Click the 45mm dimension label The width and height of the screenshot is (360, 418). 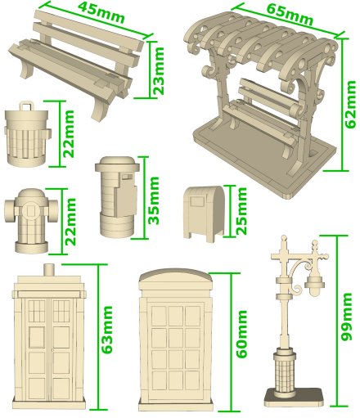(x=101, y=12)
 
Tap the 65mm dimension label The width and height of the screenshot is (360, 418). (x=289, y=15)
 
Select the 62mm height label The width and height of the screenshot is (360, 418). (x=350, y=104)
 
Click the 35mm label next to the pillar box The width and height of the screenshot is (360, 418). (x=154, y=200)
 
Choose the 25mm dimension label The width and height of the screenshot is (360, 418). (x=241, y=210)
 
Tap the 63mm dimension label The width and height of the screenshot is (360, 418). (x=106, y=330)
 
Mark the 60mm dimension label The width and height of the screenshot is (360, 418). (x=241, y=334)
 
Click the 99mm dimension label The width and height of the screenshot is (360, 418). (x=346, y=317)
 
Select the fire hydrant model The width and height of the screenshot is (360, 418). (x=31, y=221)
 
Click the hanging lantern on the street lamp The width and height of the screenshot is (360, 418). (x=314, y=285)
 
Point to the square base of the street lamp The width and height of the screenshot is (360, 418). (x=294, y=398)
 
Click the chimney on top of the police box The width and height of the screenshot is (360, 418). (x=48, y=270)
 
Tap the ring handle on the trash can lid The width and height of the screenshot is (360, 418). (x=27, y=106)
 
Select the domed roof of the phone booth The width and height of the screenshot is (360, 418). (x=175, y=278)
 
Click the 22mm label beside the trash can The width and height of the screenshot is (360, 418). (x=68, y=133)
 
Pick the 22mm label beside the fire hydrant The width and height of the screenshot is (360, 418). (x=70, y=222)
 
